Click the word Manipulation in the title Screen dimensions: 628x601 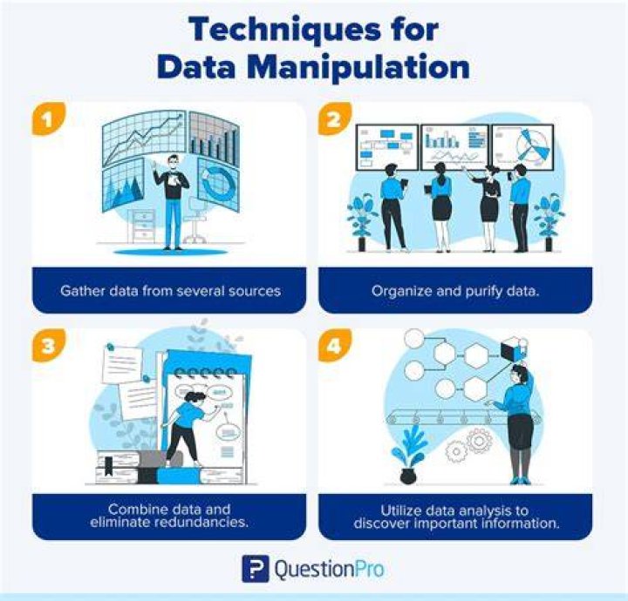(x=358, y=68)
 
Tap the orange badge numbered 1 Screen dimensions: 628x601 (x=49, y=119)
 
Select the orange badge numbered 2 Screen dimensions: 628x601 (x=335, y=119)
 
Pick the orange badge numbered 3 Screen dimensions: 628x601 (x=49, y=345)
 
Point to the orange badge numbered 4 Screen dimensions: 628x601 (x=335, y=345)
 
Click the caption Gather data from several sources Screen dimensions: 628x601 (x=170, y=291)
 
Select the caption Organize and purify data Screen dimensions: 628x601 (x=455, y=291)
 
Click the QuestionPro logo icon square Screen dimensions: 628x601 (x=256, y=569)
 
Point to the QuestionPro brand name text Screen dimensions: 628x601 (x=329, y=569)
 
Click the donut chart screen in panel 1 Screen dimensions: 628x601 (x=218, y=183)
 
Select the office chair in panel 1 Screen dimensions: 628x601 (x=195, y=219)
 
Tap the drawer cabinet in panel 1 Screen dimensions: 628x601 (x=143, y=226)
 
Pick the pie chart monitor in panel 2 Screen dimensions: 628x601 (x=523, y=146)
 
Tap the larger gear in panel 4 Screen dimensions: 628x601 (x=479, y=440)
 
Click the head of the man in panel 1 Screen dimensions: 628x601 (x=173, y=161)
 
